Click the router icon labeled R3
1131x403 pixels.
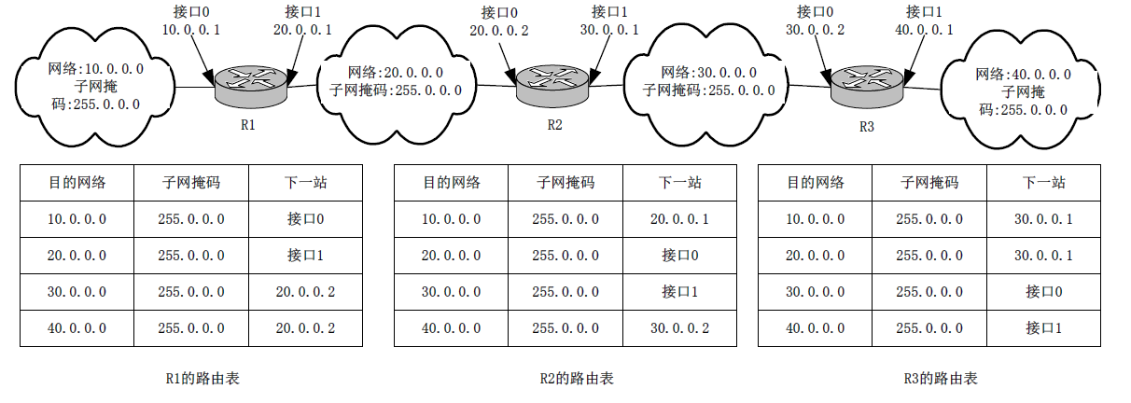pyautogui.click(x=867, y=85)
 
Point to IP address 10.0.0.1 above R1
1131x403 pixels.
pyautogui.click(x=190, y=29)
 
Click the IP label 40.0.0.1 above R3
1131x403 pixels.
pyautogui.click(x=925, y=29)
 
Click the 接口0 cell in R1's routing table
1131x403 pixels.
pyautogui.click(x=306, y=219)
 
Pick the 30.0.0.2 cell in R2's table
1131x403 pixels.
pyautogui.click(x=680, y=328)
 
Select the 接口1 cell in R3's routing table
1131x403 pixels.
pyautogui.click(x=1044, y=328)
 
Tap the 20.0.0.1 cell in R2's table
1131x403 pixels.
pyautogui.click(x=680, y=219)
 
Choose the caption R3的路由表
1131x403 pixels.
pyautogui.click(x=941, y=379)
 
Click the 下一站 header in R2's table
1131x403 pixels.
pyautogui.click(x=680, y=183)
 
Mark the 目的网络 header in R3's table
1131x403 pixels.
pyautogui.click(x=815, y=183)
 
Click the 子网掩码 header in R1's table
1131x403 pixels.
pyautogui.click(x=191, y=183)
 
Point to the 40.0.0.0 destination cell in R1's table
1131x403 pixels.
pyautogui.click(x=77, y=328)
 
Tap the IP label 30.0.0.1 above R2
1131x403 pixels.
pyautogui.click(x=610, y=29)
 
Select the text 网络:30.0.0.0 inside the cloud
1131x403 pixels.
pyautogui.click(x=708, y=73)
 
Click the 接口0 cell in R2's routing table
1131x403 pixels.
pyautogui.click(x=680, y=256)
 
